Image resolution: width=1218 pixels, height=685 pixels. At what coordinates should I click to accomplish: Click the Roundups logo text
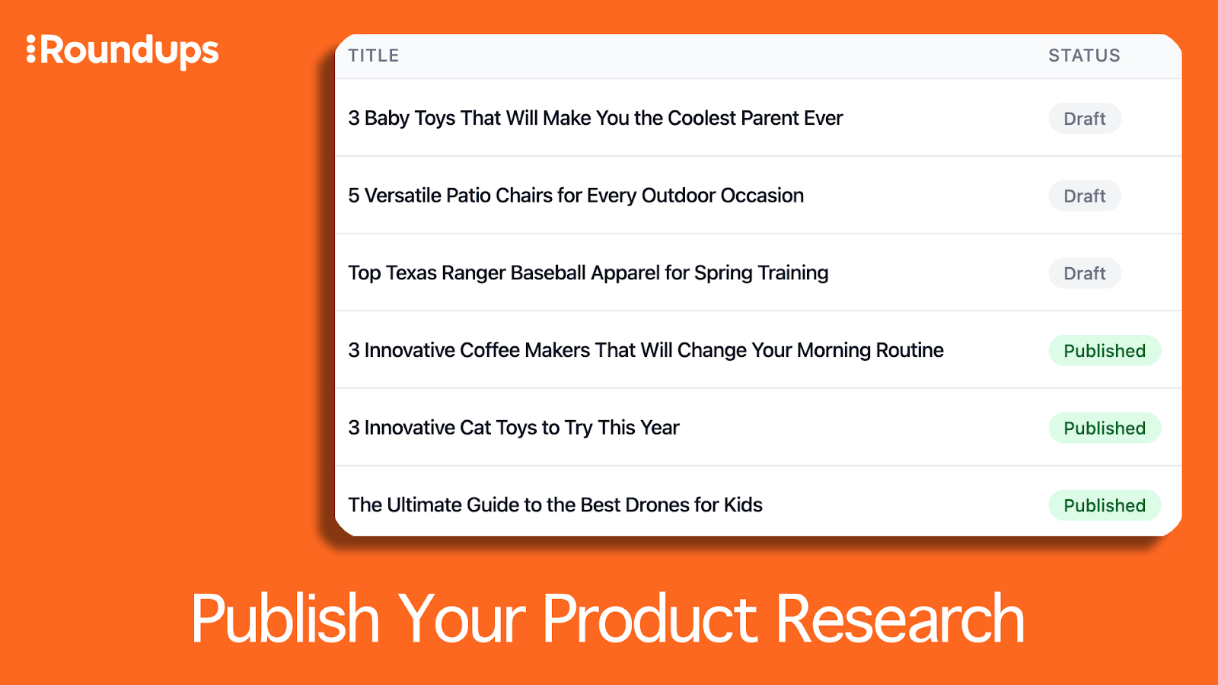(129, 53)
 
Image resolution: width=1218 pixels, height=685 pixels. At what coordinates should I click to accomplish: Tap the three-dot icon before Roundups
(31, 49)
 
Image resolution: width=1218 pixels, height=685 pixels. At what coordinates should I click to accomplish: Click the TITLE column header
(374, 56)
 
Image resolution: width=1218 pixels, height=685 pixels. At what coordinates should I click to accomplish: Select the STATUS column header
(1084, 56)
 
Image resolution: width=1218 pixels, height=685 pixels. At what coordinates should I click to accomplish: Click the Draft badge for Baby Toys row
(1084, 119)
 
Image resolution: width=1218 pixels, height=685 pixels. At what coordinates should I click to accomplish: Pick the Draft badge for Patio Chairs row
(1084, 196)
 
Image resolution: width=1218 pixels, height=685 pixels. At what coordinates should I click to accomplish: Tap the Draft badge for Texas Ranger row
(1084, 273)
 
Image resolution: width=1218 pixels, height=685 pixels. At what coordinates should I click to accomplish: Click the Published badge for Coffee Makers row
(1105, 351)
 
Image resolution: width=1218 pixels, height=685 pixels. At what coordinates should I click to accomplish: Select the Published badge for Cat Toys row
(1105, 428)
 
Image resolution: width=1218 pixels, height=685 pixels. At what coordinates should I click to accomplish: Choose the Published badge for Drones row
(1105, 505)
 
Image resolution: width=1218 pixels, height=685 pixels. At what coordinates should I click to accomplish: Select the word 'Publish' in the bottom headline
(285, 619)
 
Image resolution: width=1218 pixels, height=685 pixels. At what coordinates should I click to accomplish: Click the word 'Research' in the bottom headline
(900, 619)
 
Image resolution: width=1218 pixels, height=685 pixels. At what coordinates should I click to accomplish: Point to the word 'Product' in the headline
(650, 619)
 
